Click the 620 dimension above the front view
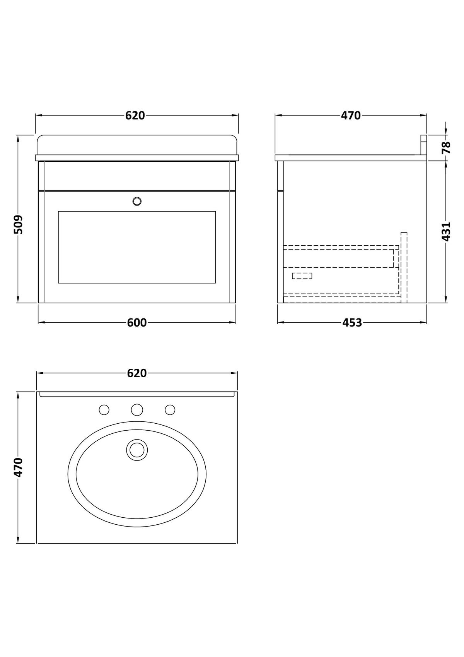click(135, 116)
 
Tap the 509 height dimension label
click(18, 225)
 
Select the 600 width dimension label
click(137, 323)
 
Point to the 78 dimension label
click(445, 147)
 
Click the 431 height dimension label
click(445, 232)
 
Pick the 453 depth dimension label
click(352, 323)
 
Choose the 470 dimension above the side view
click(351, 116)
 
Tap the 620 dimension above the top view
click(137, 373)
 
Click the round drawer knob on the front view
click(137, 201)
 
